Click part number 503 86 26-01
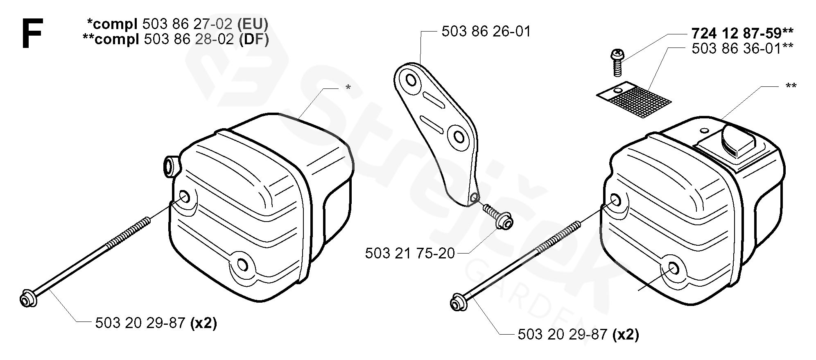click(x=486, y=32)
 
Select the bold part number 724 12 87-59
click(x=737, y=32)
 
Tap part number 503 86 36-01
click(x=737, y=48)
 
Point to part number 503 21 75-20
click(x=410, y=253)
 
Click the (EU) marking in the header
click(x=253, y=24)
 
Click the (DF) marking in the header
click(x=254, y=40)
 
